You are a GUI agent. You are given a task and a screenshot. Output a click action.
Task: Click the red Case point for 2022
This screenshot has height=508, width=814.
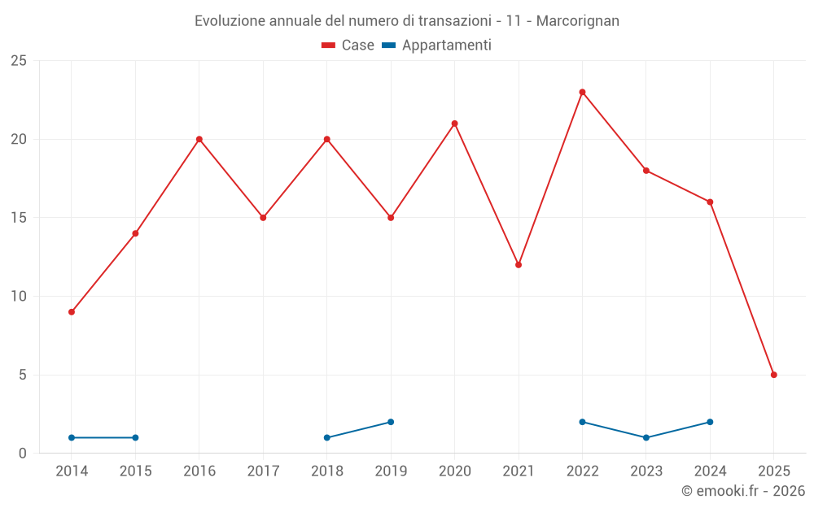pyautogui.click(x=582, y=92)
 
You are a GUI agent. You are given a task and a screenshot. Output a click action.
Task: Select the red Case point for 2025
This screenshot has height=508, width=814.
pyautogui.click(x=773, y=375)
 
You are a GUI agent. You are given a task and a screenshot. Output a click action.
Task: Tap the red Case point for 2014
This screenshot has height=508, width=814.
pyautogui.click(x=72, y=312)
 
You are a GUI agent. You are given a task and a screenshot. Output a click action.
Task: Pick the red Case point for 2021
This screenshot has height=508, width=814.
pyautogui.click(x=519, y=265)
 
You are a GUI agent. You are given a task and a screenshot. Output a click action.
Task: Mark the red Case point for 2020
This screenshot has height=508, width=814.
pyautogui.click(x=454, y=124)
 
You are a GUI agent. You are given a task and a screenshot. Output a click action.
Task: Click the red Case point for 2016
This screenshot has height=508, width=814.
pyautogui.click(x=199, y=139)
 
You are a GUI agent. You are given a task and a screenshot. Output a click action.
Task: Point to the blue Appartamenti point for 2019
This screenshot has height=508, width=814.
pyautogui.click(x=391, y=422)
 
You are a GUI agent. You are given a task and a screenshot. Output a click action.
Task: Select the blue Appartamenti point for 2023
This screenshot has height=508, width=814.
pyautogui.click(x=646, y=437)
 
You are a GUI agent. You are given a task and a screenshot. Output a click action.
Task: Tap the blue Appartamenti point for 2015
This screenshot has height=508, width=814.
pyautogui.click(x=135, y=437)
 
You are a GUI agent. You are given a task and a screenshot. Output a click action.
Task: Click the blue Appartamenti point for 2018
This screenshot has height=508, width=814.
pyautogui.click(x=326, y=437)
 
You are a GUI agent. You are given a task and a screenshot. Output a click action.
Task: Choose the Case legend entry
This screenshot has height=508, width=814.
pyautogui.click(x=348, y=46)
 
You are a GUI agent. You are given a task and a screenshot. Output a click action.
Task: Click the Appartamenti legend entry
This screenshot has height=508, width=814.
pyautogui.click(x=437, y=46)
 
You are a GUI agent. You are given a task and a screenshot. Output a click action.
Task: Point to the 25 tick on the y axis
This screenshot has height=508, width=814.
pyautogui.click(x=19, y=61)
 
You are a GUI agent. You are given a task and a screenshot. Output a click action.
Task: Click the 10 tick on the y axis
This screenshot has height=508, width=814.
pyautogui.click(x=19, y=297)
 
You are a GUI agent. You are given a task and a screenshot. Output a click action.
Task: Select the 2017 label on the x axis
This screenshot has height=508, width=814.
pyautogui.click(x=263, y=471)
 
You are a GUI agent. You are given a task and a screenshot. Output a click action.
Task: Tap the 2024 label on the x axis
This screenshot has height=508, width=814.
pyautogui.click(x=710, y=471)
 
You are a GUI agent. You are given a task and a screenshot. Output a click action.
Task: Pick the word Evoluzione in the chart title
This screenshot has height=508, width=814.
pyautogui.click(x=229, y=21)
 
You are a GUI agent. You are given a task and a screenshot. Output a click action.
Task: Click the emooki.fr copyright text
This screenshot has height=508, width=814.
pyautogui.click(x=743, y=491)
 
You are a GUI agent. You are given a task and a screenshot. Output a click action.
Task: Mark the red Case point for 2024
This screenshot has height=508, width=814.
pyautogui.click(x=710, y=202)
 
